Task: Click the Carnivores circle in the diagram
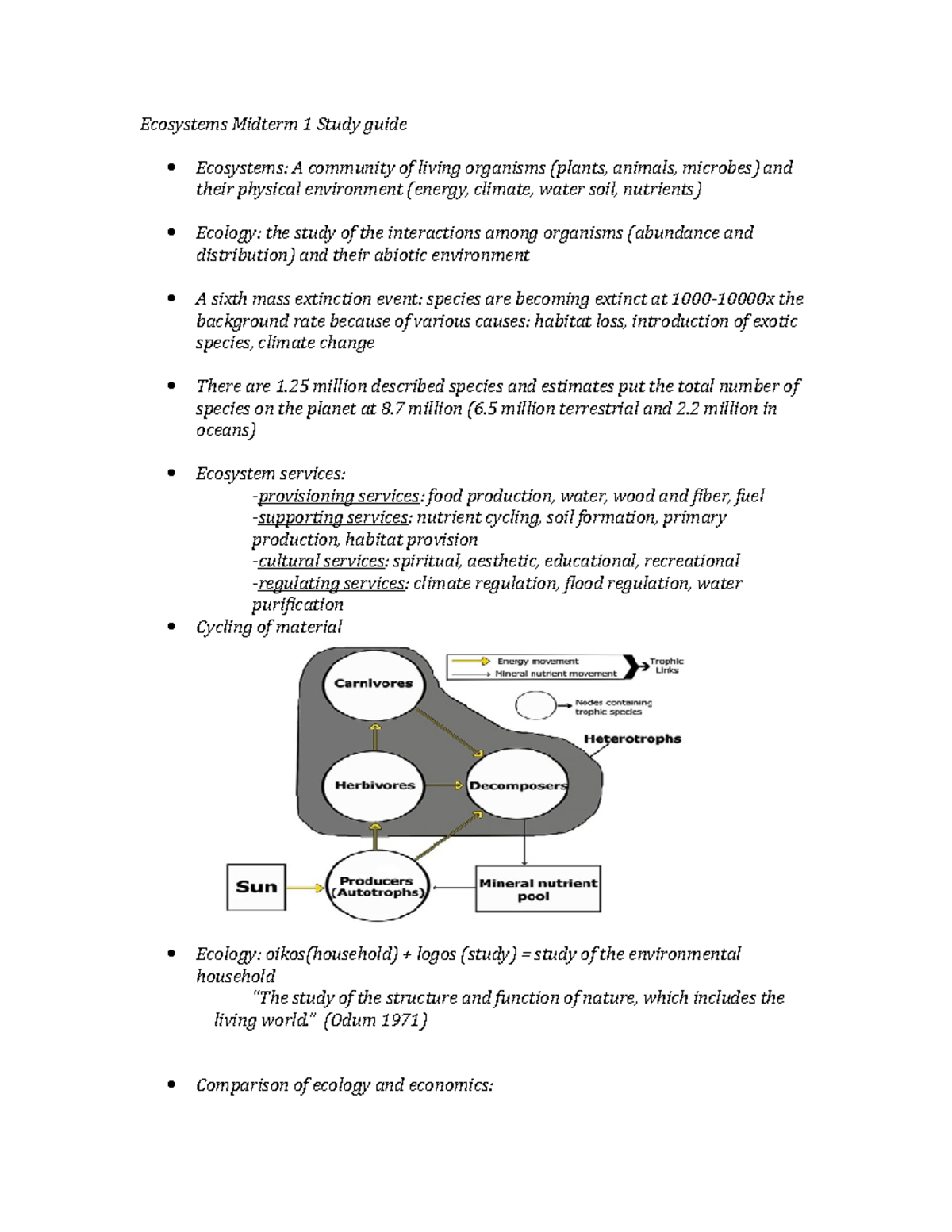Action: (374, 684)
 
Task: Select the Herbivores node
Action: (374, 785)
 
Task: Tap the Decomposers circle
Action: (518, 785)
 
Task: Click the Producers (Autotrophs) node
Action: (378, 887)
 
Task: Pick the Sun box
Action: (256, 887)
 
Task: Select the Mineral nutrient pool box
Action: (538, 889)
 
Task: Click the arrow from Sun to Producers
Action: (305, 887)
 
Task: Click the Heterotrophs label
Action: (632, 739)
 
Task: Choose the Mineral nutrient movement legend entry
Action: (555, 674)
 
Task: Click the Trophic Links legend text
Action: (666, 666)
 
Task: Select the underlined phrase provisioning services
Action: (339, 497)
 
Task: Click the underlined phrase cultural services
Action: (322, 562)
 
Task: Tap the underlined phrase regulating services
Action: (332, 584)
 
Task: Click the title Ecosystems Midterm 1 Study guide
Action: (274, 124)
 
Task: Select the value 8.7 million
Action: (421, 409)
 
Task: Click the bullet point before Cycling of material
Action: (171, 628)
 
